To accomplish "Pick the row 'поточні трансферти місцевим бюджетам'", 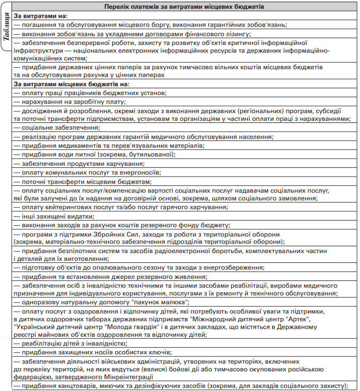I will pyautogui.click(x=83, y=181).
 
